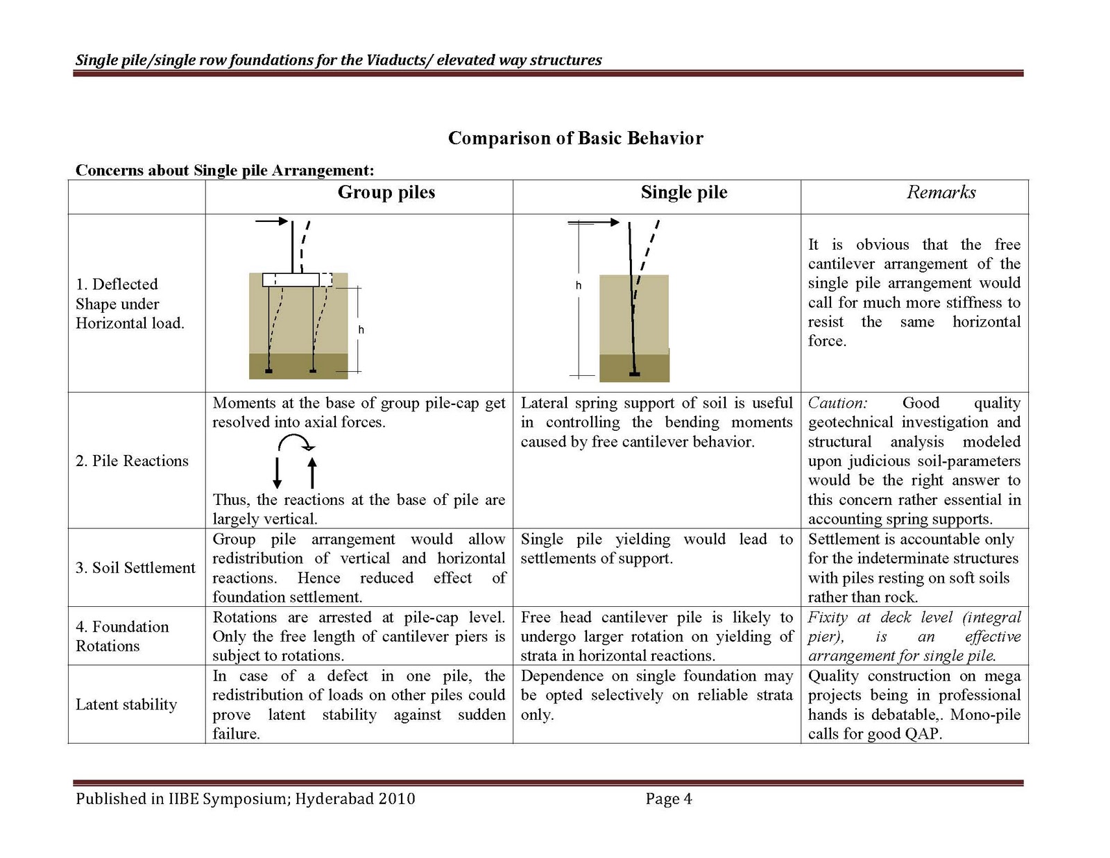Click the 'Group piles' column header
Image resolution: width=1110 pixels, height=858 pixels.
386,193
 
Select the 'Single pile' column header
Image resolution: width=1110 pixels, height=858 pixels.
683,193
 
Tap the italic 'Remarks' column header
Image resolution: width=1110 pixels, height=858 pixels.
941,193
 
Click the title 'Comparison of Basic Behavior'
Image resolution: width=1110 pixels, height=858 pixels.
575,138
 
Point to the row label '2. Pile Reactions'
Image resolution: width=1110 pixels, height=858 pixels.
132,461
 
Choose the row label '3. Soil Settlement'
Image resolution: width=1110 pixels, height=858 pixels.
135,568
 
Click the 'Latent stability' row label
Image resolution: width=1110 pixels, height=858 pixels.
126,705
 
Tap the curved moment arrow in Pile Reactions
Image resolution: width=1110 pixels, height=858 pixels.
295,443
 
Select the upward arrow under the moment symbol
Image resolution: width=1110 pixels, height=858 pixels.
311,473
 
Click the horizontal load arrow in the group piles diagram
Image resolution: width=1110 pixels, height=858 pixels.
271,221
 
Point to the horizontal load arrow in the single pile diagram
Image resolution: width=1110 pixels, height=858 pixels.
594,223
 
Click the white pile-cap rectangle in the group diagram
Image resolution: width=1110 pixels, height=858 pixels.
291,280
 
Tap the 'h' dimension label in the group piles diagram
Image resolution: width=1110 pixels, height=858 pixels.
361,330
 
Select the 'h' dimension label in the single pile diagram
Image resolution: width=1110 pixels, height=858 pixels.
578,286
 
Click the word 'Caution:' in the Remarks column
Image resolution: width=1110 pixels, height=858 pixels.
837,404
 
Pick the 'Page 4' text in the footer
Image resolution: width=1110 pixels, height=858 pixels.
668,799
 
